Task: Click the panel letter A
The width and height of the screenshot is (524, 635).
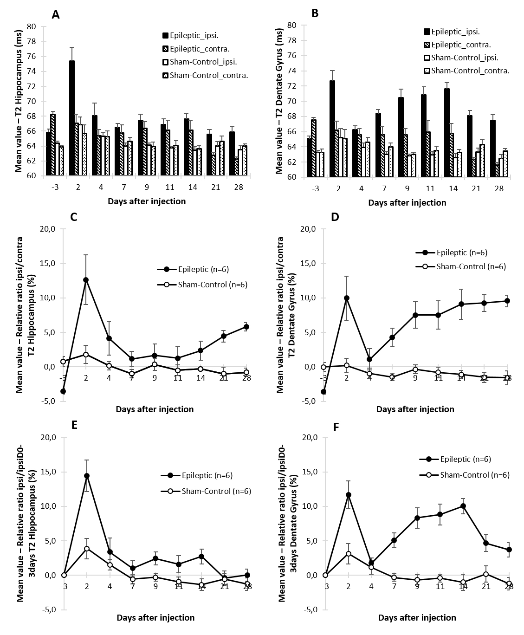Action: (56, 14)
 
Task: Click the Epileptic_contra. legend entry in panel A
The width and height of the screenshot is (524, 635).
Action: (200, 48)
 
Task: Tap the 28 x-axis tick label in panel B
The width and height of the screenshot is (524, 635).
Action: (499, 189)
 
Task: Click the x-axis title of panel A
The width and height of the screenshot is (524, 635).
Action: (147, 201)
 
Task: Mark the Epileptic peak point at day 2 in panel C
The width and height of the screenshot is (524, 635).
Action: (86, 280)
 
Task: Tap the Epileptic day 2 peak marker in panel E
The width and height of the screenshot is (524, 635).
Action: (87, 476)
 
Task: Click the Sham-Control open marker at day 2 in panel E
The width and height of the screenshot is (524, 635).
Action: (87, 549)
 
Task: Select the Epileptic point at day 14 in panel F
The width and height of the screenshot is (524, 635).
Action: (463, 506)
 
